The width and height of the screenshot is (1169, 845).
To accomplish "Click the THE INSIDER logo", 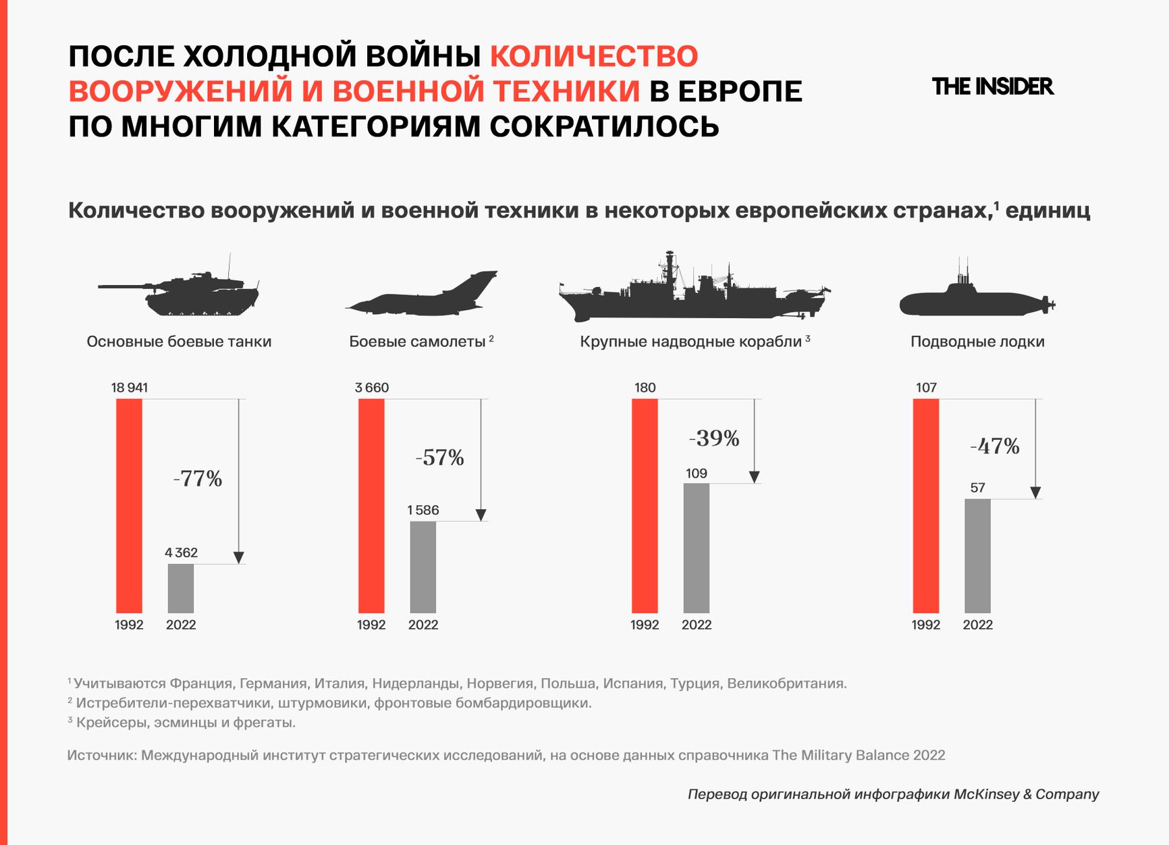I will (x=991, y=86).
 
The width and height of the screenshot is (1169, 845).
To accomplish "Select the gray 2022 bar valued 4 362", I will (x=181, y=588).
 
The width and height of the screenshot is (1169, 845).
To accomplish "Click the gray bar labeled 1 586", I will (x=423, y=567).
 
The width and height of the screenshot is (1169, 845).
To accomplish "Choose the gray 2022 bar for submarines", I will (x=977, y=556).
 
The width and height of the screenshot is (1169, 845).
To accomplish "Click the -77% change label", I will (x=198, y=479).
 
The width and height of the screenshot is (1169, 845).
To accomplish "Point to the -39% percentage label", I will (x=714, y=438).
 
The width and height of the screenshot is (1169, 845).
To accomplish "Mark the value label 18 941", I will (x=130, y=388).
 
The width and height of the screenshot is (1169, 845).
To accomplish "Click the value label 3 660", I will (x=372, y=388).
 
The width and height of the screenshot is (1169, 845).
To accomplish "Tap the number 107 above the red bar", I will (x=926, y=388).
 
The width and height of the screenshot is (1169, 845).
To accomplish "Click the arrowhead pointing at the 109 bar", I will (x=755, y=477).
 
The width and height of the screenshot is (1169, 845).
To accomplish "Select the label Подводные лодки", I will (x=977, y=342).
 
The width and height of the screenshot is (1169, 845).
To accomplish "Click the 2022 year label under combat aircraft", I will (x=423, y=625).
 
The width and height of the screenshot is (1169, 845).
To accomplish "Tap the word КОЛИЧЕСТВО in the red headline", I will (x=594, y=56).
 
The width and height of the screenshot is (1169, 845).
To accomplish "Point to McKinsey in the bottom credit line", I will (x=986, y=794).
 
